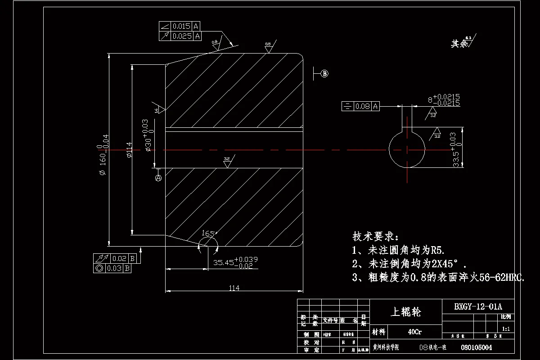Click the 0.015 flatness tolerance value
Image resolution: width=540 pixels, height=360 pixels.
(182, 26)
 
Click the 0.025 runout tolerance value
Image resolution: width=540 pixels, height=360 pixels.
(182, 36)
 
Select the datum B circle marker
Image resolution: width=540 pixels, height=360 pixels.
(325, 74)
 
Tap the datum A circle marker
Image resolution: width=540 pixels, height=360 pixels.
(158, 178)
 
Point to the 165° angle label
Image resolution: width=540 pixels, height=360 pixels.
(209, 234)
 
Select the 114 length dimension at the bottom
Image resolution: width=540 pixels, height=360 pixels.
(234, 288)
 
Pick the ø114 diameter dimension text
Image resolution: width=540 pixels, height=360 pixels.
(129, 150)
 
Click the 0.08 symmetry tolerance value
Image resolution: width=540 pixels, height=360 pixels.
(363, 106)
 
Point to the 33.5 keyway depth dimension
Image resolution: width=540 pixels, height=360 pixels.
(456, 158)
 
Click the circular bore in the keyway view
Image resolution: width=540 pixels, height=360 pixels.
(407, 149)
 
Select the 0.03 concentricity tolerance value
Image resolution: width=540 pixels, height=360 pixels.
(115, 268)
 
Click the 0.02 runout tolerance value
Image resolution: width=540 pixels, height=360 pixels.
(119, 258)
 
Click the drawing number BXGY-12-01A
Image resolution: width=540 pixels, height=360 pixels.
(477, 307)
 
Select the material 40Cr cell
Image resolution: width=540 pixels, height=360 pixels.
(414, 332)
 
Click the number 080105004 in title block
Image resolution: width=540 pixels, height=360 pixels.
(477, 347)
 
